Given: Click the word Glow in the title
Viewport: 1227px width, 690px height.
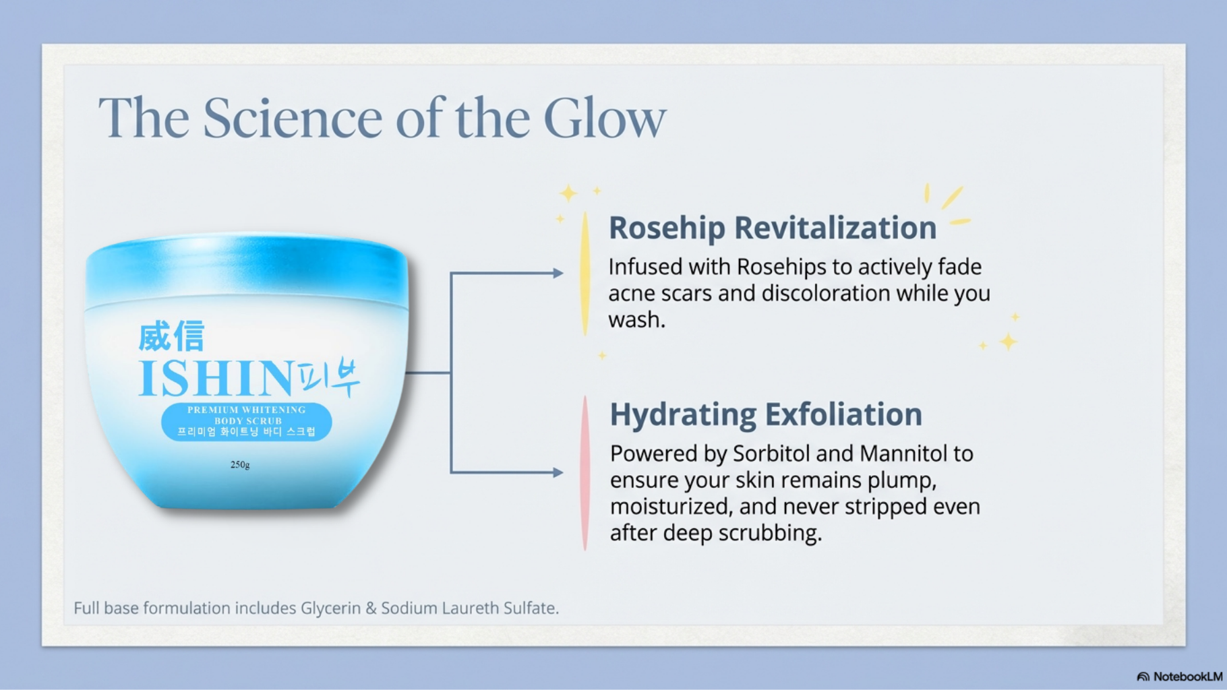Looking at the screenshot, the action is (605, 118).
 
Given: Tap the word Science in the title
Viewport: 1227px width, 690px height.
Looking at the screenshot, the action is (292, 118).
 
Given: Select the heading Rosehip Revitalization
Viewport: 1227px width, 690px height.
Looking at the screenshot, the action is (773, 228).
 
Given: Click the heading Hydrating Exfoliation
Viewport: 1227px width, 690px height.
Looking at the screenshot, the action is (766, 414).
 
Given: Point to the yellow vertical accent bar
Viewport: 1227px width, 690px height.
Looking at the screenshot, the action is (585, 273).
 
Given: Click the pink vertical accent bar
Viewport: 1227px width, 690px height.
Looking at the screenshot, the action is (585, 473).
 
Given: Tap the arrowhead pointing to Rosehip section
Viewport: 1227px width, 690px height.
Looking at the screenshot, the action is (558, 273).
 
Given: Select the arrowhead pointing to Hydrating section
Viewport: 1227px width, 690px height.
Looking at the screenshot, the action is (558, 472).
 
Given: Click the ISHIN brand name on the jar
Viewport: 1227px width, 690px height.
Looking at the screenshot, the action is (216, 378).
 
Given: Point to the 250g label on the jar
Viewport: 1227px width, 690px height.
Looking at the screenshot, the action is (240, 464).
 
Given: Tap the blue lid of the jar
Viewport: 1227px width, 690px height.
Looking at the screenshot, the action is (247, 270).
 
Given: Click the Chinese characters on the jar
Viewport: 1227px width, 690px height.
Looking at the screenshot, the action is (171, 336).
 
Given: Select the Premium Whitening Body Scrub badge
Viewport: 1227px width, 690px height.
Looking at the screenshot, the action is (247, 421).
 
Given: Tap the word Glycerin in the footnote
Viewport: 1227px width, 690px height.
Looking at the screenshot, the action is (330, 608).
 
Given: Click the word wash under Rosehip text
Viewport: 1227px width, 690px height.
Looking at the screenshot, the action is (636, 320).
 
